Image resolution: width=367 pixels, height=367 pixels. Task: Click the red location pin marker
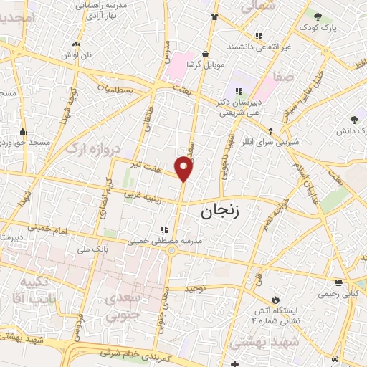click(x=184, y=169)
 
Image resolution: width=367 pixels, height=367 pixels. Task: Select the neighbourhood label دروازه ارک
click(x=92, y=148)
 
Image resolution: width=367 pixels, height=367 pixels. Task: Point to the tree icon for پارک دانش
click(x=354, y=120)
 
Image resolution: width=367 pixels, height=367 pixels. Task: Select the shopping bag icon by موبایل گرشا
click(x=206, y=53)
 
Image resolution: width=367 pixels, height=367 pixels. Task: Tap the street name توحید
click(x=195, y=287)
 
